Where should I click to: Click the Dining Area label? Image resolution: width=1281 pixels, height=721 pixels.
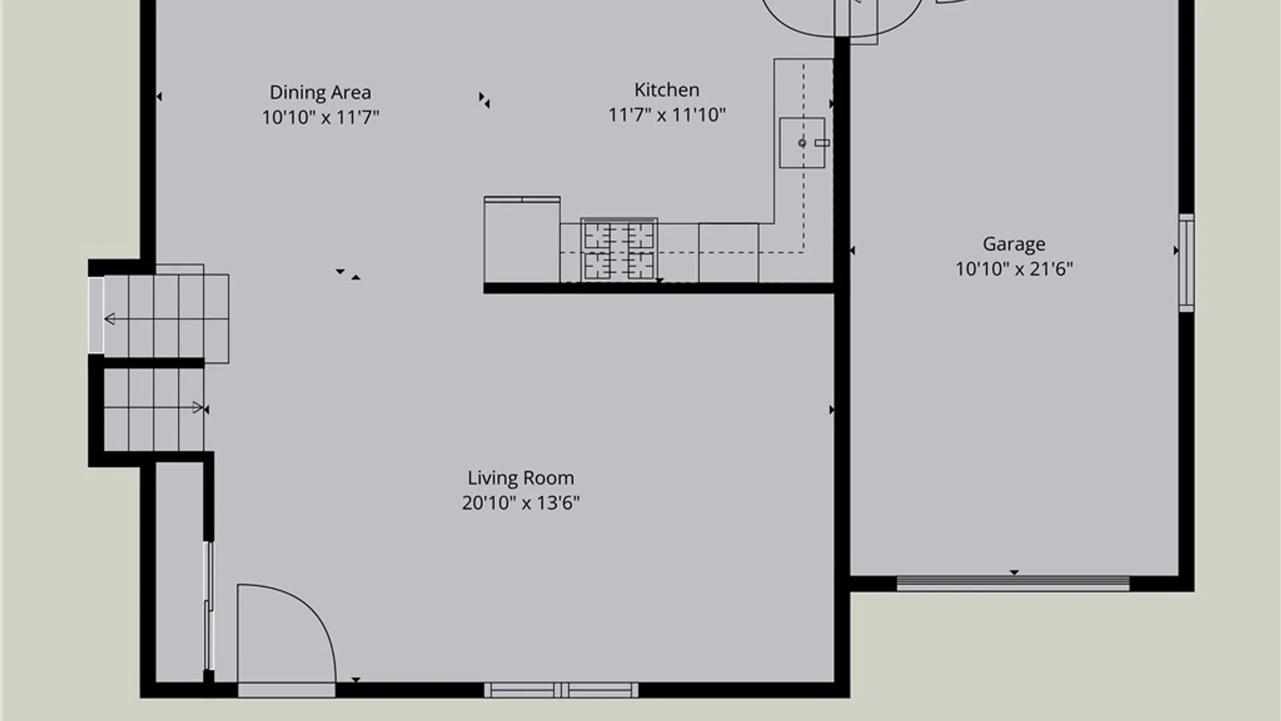tap(320, 92)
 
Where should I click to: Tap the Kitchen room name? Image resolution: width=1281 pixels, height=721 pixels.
tap(667, 89)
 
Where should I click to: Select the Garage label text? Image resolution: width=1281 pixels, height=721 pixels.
tap(1013, 244)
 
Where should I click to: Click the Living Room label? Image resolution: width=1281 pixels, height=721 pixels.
tap(520, 478)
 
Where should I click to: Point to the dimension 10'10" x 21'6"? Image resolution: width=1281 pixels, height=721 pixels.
tap(1013, 268)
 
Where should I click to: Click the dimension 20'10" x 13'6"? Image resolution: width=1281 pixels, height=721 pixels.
tap(520, 503)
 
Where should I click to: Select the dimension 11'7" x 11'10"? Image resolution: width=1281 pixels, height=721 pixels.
tap(667, 115)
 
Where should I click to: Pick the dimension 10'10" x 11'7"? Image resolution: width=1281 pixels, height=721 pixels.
tap(320, 117)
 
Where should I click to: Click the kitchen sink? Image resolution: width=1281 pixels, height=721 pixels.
tap(802, 143)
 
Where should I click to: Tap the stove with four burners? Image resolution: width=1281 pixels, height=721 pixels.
tap(619, 250)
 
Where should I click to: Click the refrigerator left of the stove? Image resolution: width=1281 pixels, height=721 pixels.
tap(522, 240)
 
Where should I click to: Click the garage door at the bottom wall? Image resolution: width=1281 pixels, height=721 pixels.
tap(1013, 583)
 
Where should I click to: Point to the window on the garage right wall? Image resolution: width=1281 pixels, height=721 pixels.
tap(1186, 262)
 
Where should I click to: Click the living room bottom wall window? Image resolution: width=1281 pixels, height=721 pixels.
tap(561, 690)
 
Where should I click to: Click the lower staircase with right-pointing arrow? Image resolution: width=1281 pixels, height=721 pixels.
tap(154, 409)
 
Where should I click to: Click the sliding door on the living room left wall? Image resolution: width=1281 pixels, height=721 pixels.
tap(209, 606)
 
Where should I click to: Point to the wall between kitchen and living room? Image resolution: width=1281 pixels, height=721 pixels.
tap(659, 288)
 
